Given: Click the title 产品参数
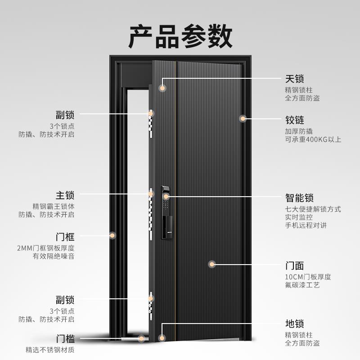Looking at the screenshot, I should click(x=180, y=36).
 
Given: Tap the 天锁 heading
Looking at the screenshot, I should click(x=294, y=79).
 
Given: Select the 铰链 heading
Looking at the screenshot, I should click(x=294, y=120).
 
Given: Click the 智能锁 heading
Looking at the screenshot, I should click(x=299, y=198).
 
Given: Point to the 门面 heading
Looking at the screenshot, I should click(x=294, y=265).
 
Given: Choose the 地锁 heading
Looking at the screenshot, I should click(x=294, y=324).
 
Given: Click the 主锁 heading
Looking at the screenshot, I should click(x=65, y=196).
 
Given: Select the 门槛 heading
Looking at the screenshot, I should click(x=65, y=339).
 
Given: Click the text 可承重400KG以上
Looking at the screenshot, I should click(x=313, y=139).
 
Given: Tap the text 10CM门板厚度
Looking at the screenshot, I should click(x=308, y=277).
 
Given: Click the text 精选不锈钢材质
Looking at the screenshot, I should click(x=50, y=350).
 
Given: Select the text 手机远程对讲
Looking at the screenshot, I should click(x=306, y=225).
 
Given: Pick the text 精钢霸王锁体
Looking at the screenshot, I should click(x=53, y=207).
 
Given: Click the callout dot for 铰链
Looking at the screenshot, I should click(x=243, y=119).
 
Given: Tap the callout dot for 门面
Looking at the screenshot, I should click(x=212, y=264).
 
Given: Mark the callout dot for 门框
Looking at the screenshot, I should click(x=112, y=235).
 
